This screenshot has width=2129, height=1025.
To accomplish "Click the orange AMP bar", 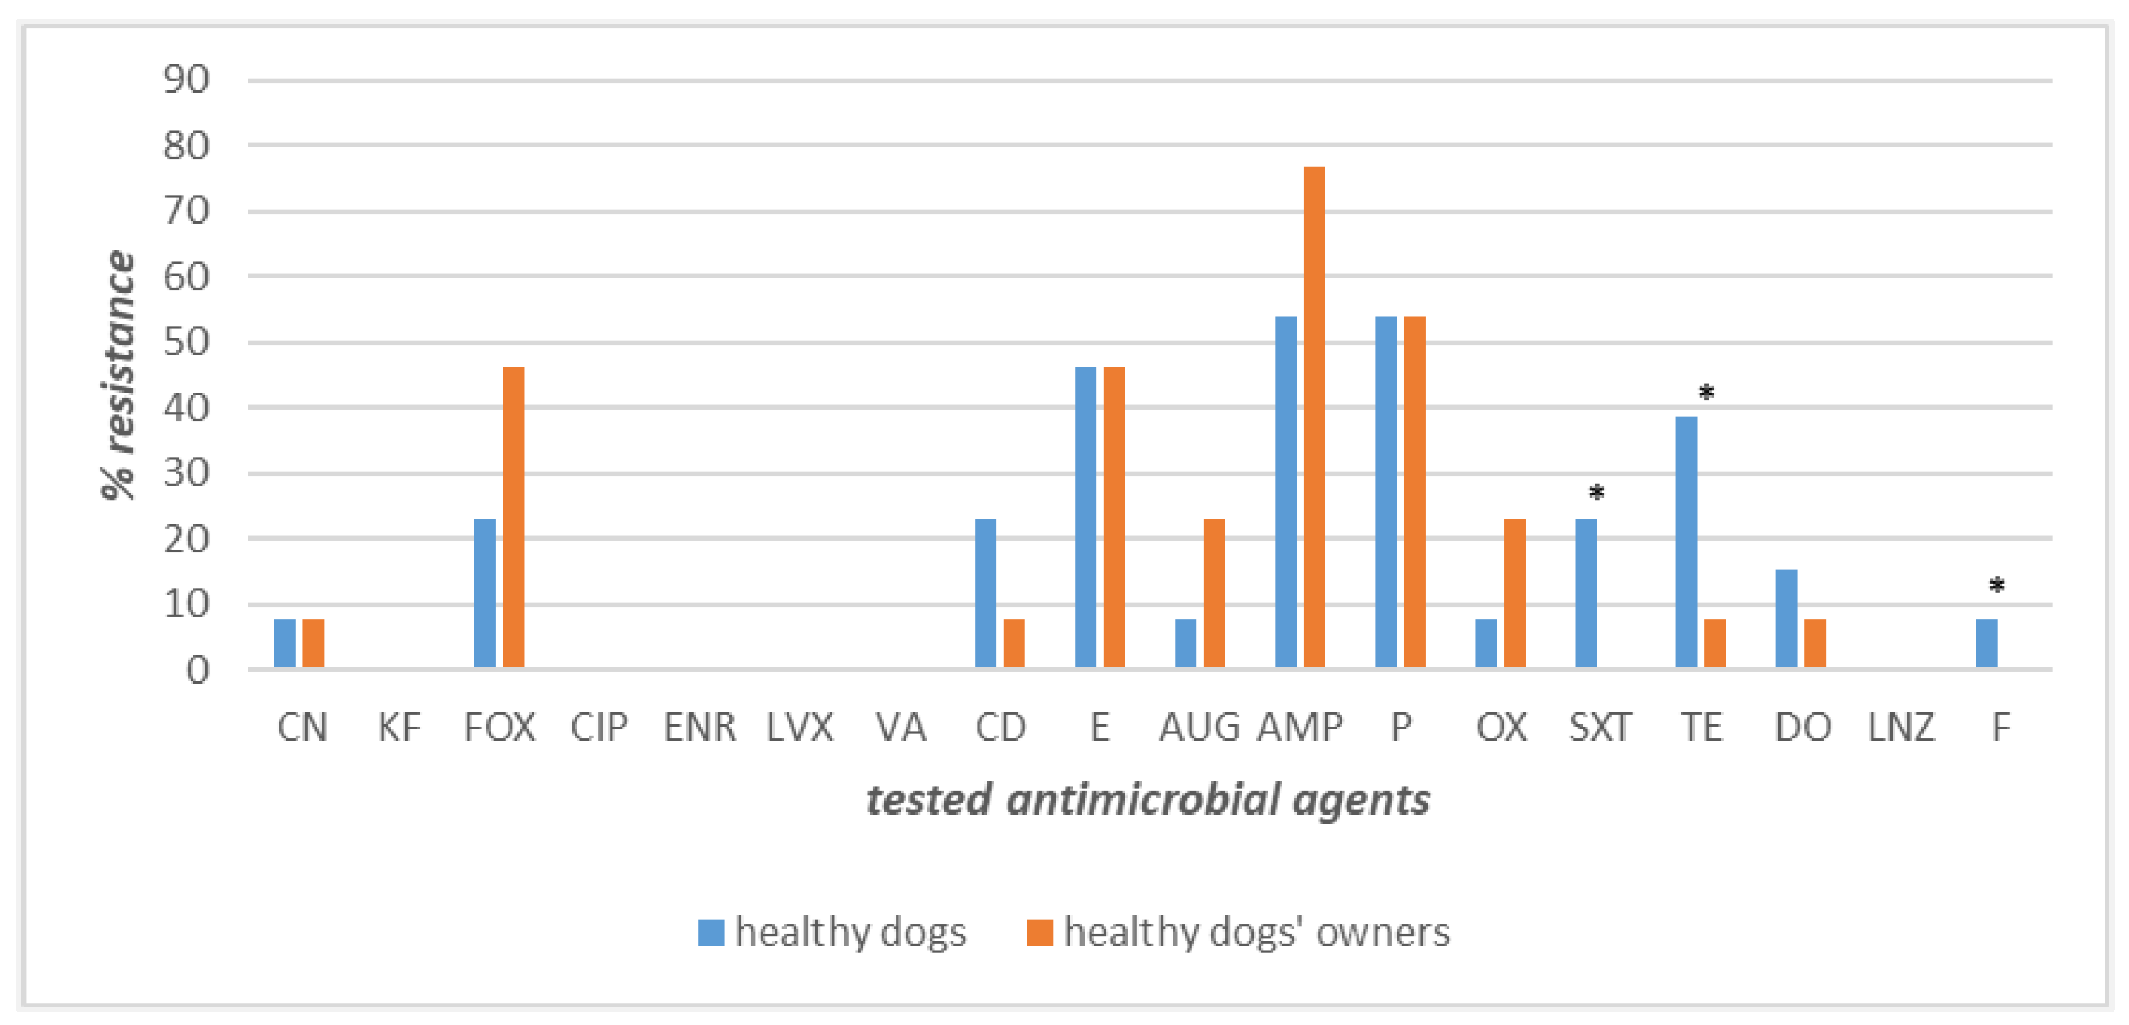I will (1314, 417).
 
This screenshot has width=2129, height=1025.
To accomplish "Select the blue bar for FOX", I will (485, 593).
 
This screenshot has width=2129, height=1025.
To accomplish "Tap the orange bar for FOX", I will (513, 517).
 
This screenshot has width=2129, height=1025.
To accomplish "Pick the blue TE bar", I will (1686, 542).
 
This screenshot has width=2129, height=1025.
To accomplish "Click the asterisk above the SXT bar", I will (1597, 493).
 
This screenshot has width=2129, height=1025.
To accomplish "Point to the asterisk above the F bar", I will (1997, 587).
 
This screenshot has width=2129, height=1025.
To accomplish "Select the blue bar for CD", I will (985, 593).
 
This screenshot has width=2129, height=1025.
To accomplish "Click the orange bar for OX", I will (1514, 593).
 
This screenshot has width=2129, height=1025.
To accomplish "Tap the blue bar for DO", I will (1786, 618).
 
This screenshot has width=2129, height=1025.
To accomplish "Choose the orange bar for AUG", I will (1214, 593).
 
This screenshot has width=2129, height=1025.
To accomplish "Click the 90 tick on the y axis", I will (186, 80).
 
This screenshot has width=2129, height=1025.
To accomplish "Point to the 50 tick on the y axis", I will (186, 342).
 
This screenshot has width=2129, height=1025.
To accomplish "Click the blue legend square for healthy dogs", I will (711, 932).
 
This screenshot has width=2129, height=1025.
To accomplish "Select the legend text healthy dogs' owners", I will (1256, 932).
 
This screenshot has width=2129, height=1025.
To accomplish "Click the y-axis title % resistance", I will (118, 375).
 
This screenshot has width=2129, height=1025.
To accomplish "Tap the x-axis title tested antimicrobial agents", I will (1147, 800).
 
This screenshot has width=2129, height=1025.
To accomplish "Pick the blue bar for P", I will (1385, 493).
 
